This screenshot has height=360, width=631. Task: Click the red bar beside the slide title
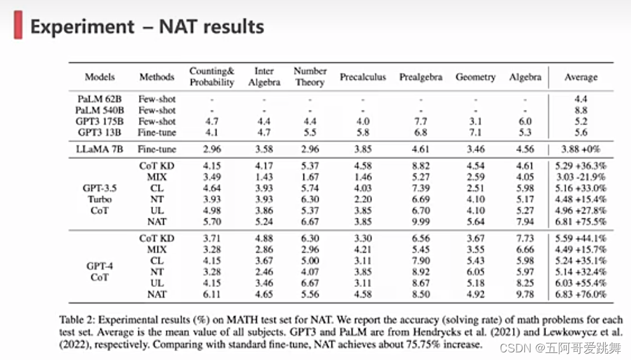click(x=18, y=27)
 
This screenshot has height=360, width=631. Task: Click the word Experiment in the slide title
click(x=83, y=27)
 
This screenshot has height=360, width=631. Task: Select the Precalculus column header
click(x=362, y=77)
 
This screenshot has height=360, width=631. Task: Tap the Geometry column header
click(x=475, y=77)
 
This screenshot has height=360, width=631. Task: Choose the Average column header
click(x=580, y=77)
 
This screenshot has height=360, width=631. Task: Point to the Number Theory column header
click(x=310, y=77)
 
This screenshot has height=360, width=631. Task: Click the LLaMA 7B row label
click(x=100, y=149)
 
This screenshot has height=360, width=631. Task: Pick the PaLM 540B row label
click(x=100, y=110)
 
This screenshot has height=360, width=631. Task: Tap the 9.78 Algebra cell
click(x=526, y=294)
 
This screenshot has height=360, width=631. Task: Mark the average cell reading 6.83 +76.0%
click(x=580, y=294)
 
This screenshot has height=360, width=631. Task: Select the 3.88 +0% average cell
click(x=580, y=149)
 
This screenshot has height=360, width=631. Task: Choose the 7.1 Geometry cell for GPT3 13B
click(x=475, y=133)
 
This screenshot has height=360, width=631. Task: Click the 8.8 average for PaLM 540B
click(x=580, y=110)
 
